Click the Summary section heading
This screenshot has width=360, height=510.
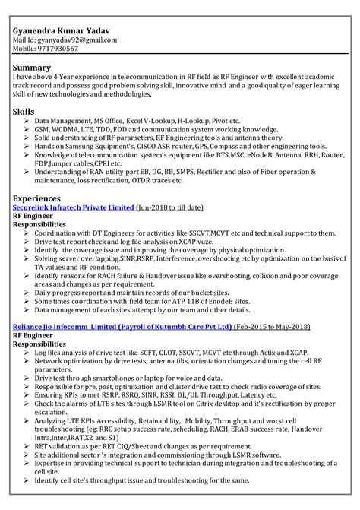(32, 68)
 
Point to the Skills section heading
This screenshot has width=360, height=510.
(24, 112)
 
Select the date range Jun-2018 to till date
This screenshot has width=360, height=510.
(171, 207)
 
